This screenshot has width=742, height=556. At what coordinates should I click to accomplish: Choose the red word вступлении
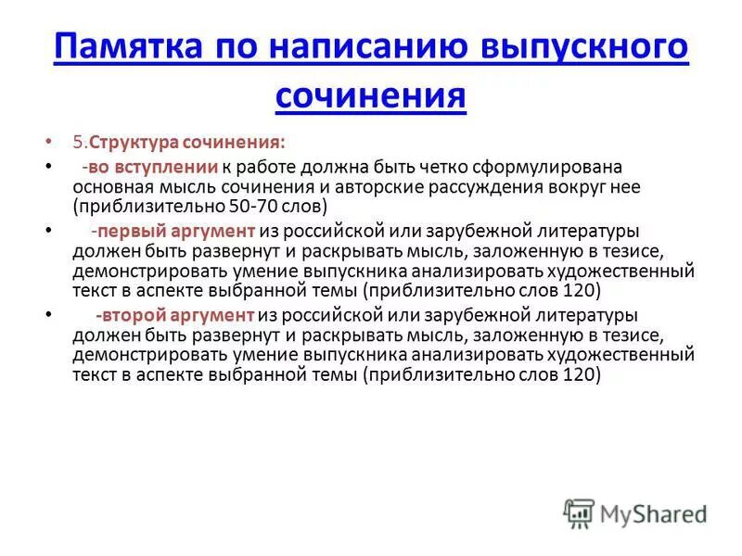[166, 167]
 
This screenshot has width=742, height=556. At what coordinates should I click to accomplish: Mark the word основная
[112, 186]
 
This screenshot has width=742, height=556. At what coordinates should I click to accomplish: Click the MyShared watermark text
[652, 512]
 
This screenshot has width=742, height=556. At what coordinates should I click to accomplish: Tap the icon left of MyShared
[579, 512]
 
